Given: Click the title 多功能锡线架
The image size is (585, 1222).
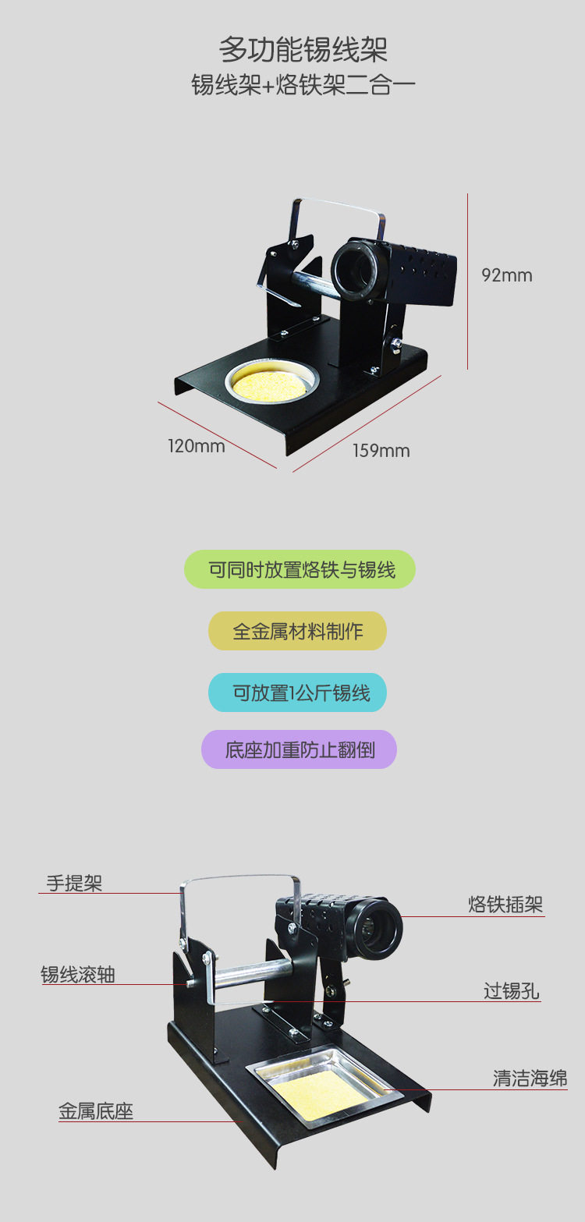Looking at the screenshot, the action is [303, 50].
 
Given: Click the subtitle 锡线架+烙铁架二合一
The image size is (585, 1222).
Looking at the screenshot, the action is [303, 84].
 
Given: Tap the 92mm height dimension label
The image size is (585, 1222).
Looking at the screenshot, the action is [506, 275].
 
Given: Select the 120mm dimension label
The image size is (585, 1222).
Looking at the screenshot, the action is [196, 446].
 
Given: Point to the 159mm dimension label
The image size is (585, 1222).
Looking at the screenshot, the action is [381, 451].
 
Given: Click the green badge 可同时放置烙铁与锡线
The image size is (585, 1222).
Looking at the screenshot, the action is [300, 569].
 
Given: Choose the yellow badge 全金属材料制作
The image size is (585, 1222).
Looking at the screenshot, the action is [297, 631].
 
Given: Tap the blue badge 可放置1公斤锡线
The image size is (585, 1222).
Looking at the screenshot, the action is [297, 692].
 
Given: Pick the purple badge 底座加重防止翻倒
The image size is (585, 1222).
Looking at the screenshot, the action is [300, 749].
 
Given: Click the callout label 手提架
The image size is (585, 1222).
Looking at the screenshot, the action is [74, 883].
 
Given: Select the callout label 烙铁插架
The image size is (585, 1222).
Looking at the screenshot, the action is [505, 905].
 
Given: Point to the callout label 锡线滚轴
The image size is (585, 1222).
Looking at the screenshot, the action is [78, 974].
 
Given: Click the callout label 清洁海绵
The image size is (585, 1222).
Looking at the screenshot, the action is [530, 1079].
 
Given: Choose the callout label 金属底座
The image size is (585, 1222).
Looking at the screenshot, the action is [96, 1111].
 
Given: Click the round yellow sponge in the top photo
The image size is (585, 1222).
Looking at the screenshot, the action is [273, 383].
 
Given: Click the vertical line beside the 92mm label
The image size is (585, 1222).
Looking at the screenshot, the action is [468, 281].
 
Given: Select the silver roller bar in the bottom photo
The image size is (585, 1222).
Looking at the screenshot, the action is [250, 975].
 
